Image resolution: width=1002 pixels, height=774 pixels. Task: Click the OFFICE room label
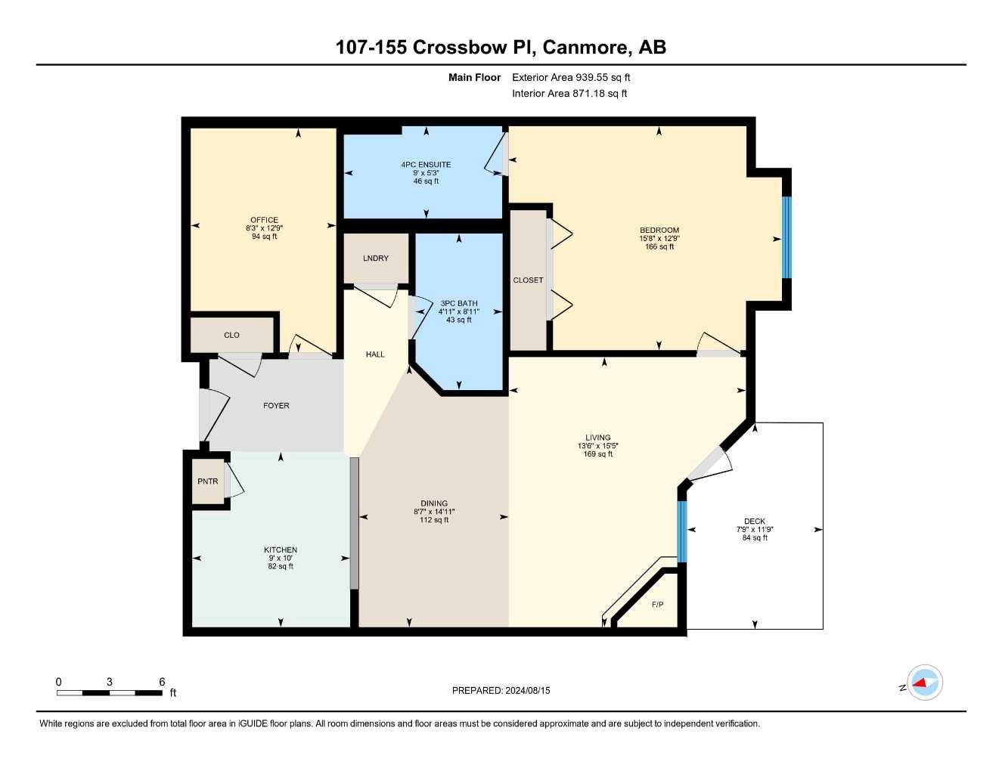[264, 220]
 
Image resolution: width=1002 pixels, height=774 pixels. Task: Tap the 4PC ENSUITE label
[426, 165]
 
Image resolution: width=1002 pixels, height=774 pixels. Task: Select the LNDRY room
[376, 259]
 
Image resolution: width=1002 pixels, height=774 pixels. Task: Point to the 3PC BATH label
[458, 303]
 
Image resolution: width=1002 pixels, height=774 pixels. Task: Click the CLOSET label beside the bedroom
[528, 280]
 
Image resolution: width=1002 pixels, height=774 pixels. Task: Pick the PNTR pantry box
[208, 481]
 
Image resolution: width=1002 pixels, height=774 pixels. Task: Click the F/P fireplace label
[657, 605]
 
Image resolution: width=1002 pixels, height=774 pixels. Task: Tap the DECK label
[754, 522]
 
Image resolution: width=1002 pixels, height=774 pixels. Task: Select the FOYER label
[276, 406]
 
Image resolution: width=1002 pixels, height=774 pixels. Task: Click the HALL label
[375, 354]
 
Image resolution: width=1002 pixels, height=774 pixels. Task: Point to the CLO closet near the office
[231, 335]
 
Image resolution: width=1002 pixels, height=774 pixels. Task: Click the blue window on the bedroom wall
[786, 237]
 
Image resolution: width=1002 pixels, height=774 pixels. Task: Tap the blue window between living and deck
[681, 531]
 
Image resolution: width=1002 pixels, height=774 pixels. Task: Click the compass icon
[924, 683]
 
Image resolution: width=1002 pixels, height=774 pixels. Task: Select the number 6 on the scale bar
[162, 682]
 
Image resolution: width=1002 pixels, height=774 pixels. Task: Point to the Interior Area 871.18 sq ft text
[569, 94]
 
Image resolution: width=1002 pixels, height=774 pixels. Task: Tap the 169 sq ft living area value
[597, 454]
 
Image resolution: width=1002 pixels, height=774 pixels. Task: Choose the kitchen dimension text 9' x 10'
[281, 559]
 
